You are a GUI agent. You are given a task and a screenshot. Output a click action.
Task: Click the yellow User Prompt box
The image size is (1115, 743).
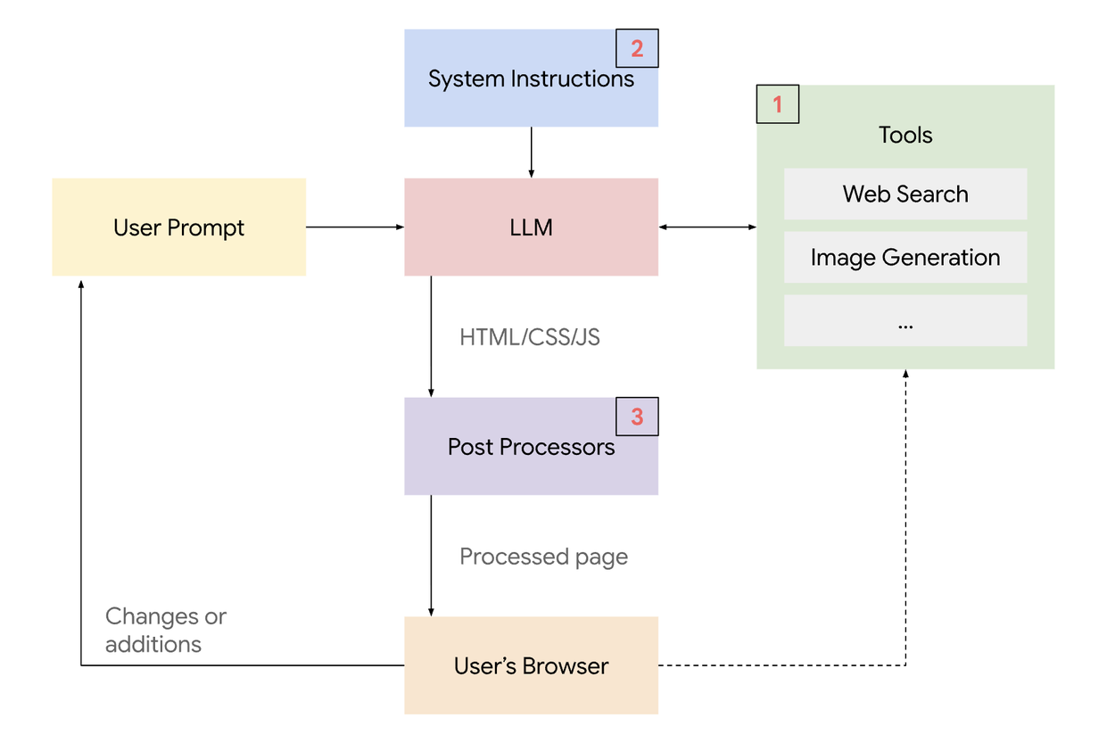point(178,227)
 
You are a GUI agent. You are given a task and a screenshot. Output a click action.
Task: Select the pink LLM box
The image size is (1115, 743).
point(531,227)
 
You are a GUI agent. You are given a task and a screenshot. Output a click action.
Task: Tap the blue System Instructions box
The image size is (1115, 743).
point(517,78)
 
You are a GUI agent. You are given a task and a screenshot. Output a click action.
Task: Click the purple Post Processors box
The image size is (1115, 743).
point(531,447)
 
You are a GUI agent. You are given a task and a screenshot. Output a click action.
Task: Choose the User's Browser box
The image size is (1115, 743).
point(531,665)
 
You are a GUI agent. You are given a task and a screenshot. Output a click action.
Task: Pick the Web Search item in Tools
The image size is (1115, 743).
point(905,194)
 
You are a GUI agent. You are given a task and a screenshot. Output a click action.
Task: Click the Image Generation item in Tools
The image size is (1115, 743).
point(905,258)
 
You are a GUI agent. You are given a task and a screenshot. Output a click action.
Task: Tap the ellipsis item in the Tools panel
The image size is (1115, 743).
point(905,321)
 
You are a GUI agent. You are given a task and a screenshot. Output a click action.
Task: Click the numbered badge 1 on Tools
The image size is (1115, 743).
point(777,104)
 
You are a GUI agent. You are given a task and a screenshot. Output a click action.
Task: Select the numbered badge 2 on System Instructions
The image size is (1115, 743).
point(637,48)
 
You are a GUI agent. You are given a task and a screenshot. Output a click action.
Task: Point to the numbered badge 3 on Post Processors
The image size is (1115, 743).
point(637,417)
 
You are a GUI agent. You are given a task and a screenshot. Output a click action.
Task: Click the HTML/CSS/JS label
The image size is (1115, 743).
point(530,337)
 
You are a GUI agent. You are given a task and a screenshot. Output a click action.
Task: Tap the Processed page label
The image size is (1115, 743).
point(543,557)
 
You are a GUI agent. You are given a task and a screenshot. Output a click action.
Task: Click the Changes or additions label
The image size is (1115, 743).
point(166,630)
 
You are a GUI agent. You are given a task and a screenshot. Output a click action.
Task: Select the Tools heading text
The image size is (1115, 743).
point(905,135)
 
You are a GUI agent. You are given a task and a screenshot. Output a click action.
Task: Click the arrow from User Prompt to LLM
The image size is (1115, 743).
point(354,227)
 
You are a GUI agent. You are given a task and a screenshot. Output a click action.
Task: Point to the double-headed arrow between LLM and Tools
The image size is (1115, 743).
point(707,227)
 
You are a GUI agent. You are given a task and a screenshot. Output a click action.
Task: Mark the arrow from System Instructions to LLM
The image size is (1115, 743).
point(531,152)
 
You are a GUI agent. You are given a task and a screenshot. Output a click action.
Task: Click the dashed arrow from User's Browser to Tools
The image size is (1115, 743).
point(905,535)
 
